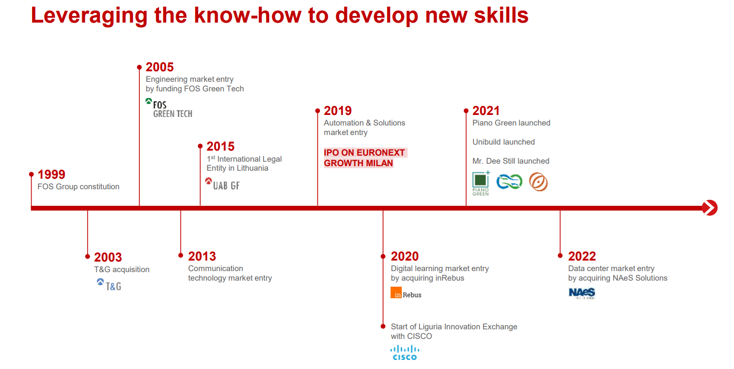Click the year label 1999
pos(52,175)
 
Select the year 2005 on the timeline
pos(159,67)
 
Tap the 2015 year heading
pos(221,147)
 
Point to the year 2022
pos(582,257)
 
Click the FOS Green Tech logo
pos(169,108)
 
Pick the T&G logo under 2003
pos(109,285)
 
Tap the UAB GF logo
pos(223,184)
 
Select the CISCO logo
pos(405,353)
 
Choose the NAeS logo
pos(582,293)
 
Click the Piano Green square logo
pos(481,183)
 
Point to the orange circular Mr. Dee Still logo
pos(538,182)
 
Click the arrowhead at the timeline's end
pos(710,208)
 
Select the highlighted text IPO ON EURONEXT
pos(364,153)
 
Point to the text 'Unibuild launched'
pos(504,142)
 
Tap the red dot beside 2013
pos(180,256)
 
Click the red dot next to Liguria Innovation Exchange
pos(383,326)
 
